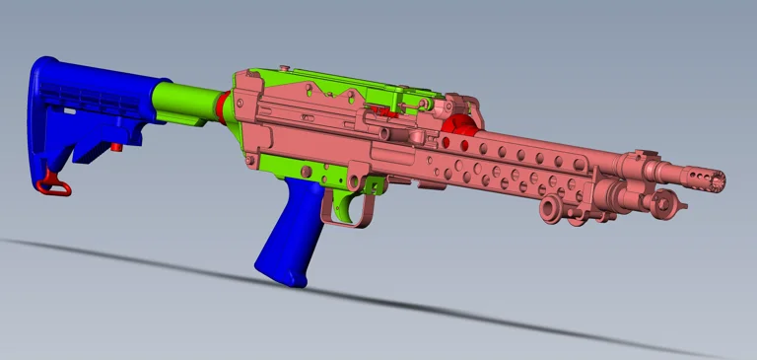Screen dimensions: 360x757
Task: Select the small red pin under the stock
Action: pyautogui.click(x=116, y=147)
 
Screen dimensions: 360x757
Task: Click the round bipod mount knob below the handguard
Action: pyautogui.click(x=550, y=208)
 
